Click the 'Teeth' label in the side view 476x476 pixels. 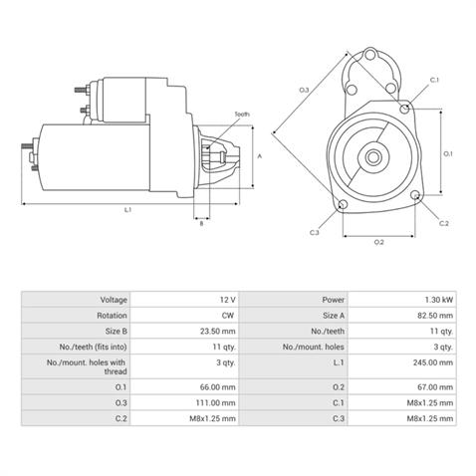[242, 116]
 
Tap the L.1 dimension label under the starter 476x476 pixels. [127, 210]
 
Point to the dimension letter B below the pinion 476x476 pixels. [201, 223]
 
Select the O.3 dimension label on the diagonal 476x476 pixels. [304, 92]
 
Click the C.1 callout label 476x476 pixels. [434, 80]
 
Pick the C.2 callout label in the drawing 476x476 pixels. [443, 223]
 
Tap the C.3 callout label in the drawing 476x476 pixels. [315, 232]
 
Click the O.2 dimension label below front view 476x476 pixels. [378, 242]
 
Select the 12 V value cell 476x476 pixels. [226, 299]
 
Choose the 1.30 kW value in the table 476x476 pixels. [442, 299]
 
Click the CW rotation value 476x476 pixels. [228, 314]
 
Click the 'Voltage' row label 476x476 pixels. [114, 299]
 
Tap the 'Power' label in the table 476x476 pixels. [334, 299]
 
